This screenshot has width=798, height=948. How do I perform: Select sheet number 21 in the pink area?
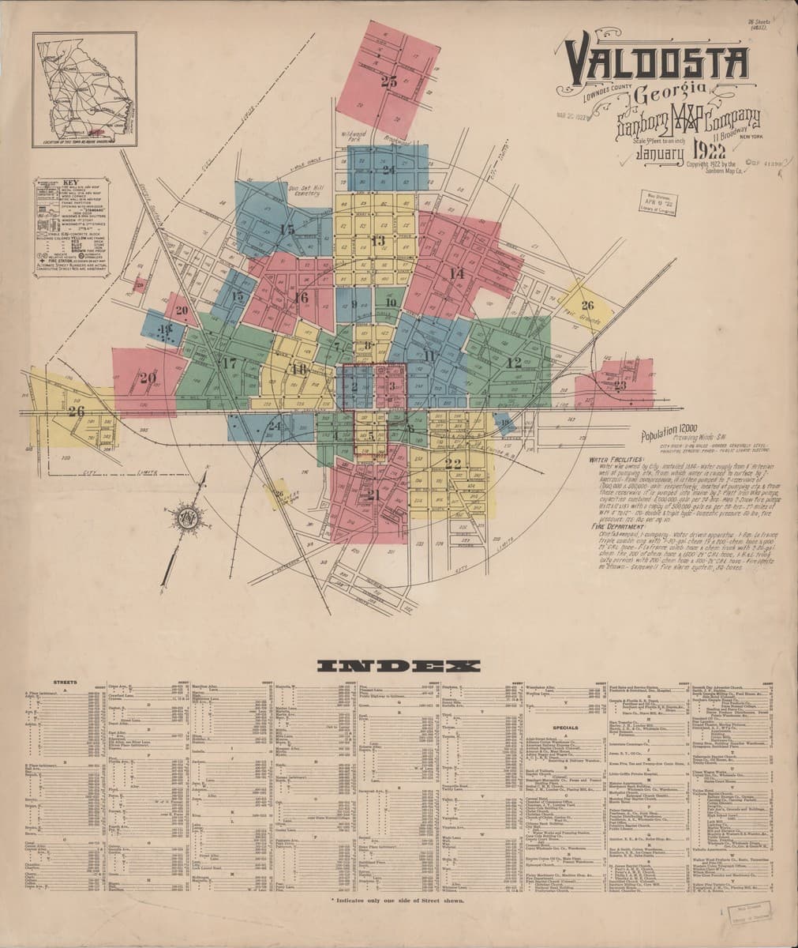[x=373, y=495]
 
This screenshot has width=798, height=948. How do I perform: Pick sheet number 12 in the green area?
[x=515, y=363]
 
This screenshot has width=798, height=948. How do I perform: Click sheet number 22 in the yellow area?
[x=453, y=464]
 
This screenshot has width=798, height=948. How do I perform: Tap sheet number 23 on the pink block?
[x=620, y=386]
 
